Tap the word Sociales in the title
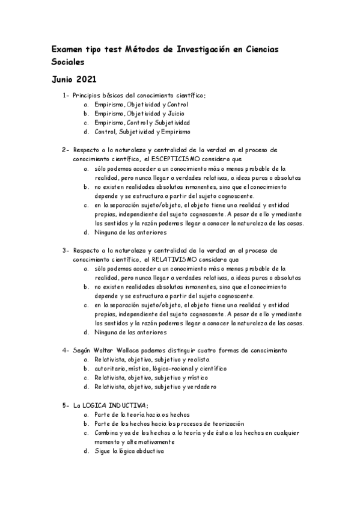point(67,61)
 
